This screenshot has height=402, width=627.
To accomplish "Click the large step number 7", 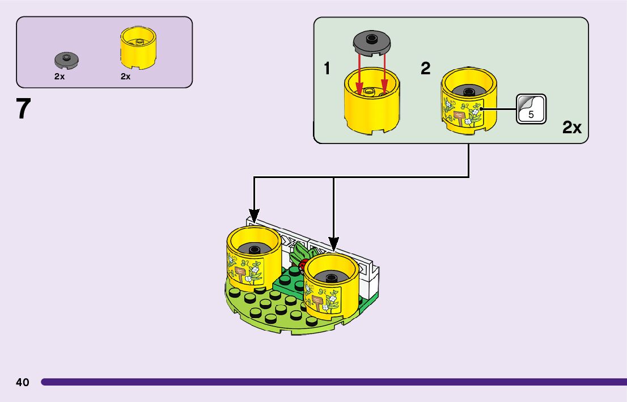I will [x=23, y=109].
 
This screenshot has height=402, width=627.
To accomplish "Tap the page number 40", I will [x=23, y=382].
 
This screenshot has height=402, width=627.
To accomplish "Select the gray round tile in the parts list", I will [x=66, y=58].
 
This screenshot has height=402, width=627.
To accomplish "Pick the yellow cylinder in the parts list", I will [x=138, y=49].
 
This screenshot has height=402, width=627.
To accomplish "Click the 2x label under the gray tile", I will [x=60, y=77].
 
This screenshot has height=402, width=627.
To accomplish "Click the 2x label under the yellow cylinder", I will [x=126, y=77].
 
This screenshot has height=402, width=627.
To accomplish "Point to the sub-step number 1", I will [x=327, y=69].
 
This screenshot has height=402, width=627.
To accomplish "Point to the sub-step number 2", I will [x=425, y=69].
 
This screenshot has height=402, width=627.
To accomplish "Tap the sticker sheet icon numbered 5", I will [x=531, y=108].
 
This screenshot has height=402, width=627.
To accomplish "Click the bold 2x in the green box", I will [x=572, y=128].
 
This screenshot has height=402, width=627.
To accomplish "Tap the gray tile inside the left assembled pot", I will [x=253, y=248].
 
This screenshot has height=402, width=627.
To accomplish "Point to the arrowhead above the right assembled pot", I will [x=334, y=246].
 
